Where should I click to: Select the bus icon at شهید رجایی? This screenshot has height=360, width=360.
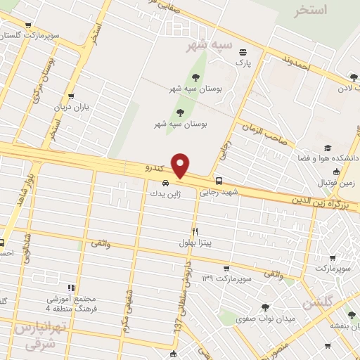(x=219, y=180)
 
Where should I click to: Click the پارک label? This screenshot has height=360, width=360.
(x=243, y=63)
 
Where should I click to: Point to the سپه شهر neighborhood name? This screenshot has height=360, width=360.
(x=209, y=46)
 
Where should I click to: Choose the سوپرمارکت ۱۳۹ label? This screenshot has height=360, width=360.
(x=226, y=279)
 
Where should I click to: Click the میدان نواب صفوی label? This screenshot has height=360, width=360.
(x=290, y=319)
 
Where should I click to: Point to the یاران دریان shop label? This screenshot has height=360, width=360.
(x=70, y=108)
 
